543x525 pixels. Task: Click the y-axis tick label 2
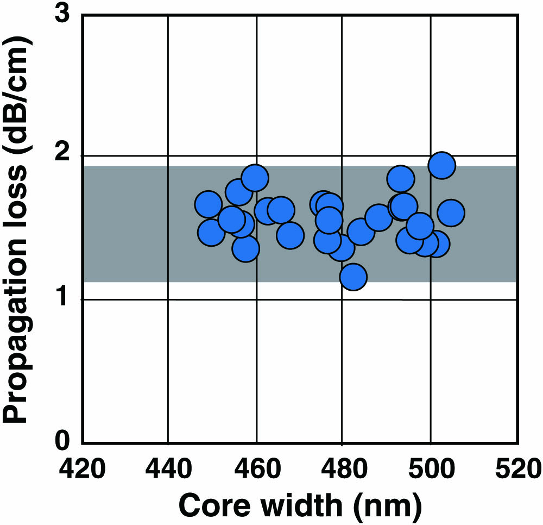(x=64, y=156)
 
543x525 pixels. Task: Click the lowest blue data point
(x=353, y=277)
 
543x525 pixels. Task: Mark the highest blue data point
(x=441, y=165)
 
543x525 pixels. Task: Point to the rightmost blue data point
(x=450, y=212)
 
